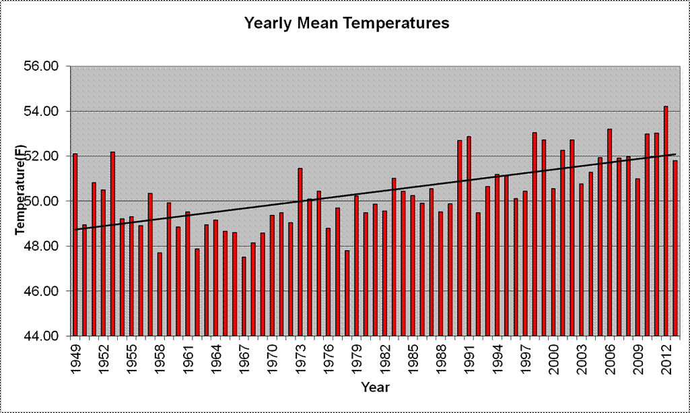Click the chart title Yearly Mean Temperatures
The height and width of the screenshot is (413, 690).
(346, 24)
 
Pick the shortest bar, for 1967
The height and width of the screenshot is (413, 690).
(244, 296)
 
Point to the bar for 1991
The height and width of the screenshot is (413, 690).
(469, 236)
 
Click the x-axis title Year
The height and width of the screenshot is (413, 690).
(374, 388)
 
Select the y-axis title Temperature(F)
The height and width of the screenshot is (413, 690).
(21, 191)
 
